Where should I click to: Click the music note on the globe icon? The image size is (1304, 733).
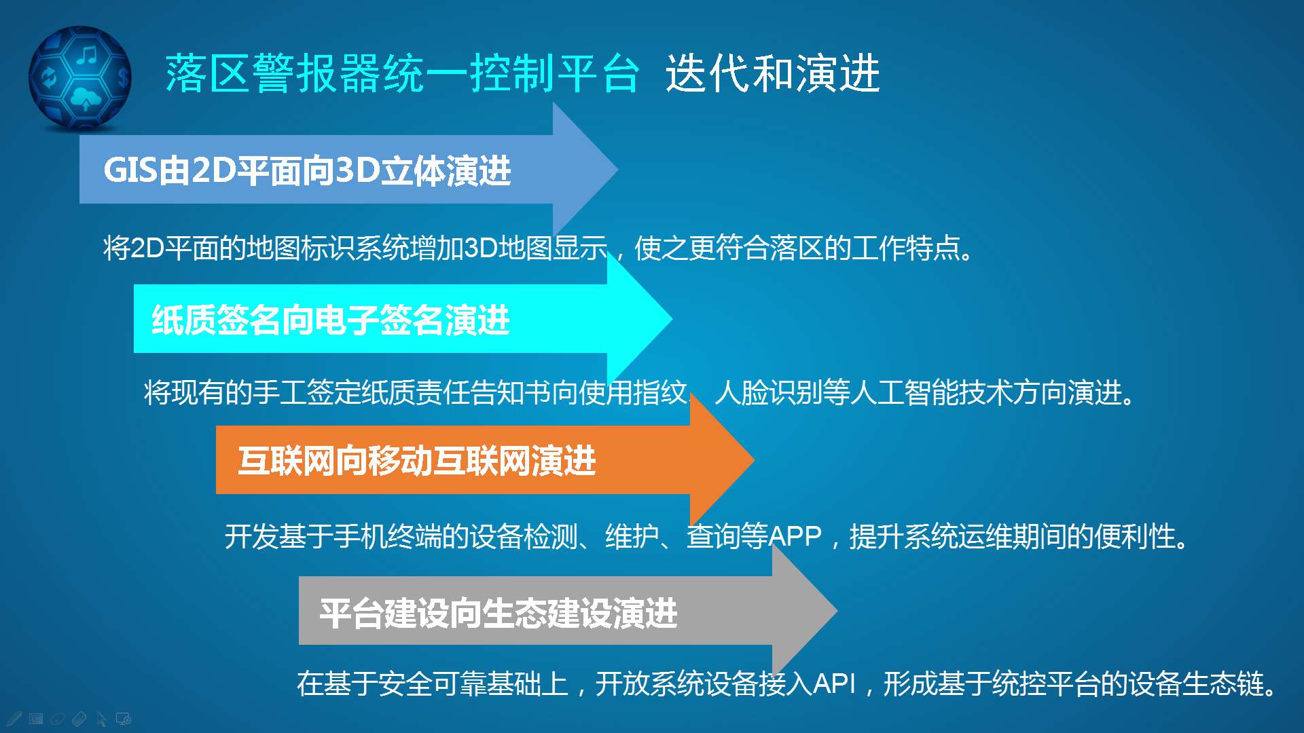86,54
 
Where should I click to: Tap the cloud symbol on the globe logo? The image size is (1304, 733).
86,99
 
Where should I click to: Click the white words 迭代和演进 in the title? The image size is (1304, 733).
772,73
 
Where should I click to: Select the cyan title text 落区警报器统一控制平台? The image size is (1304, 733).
402,73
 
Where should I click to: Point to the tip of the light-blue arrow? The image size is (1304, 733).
617,169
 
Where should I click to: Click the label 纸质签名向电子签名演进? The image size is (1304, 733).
331,320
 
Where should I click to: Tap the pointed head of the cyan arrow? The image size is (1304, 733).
671,318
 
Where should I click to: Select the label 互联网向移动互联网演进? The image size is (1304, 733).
417,461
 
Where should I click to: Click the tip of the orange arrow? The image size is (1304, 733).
753,459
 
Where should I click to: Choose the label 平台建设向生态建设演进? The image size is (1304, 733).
499,613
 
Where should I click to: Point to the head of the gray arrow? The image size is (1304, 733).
836,610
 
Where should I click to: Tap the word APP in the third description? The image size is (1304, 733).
795,537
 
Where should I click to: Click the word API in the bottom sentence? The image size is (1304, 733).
834,683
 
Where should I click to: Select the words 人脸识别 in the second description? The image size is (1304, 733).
768,392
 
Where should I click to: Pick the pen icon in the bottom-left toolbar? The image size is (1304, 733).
14,718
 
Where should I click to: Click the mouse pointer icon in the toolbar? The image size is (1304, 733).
101,719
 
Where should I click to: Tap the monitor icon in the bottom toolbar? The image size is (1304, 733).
124,719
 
